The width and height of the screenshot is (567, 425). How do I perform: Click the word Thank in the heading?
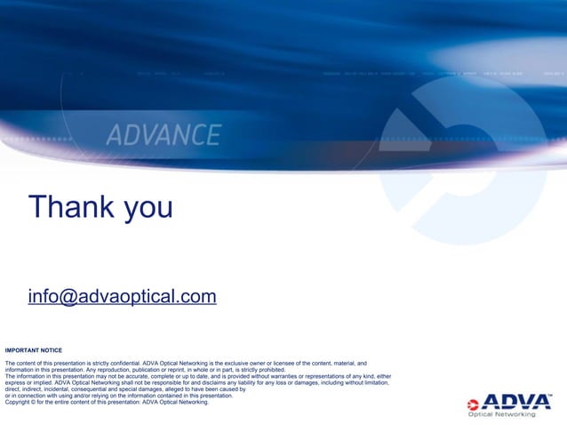(x=72, y=207)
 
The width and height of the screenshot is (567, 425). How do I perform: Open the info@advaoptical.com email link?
(x=122, y=296)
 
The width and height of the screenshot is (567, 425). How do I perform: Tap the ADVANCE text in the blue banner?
(x=164, y=135)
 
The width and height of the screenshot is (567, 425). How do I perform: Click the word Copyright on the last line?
(x=20, y=402)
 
